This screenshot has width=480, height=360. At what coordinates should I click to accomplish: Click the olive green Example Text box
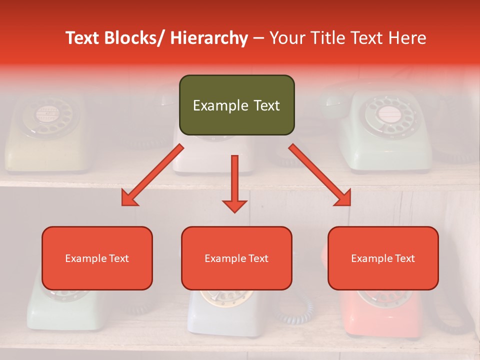point(236,105)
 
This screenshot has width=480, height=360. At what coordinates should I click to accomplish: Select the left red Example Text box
point(97,258)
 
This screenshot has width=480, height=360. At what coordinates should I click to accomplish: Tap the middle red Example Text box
point(236,258)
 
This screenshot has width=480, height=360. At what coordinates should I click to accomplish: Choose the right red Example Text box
point(383,258)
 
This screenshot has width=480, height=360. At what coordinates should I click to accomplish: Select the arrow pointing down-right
point(320,175)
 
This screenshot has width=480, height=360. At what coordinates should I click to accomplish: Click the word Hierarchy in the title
point(208,38)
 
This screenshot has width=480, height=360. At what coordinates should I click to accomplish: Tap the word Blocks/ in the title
point(137,38)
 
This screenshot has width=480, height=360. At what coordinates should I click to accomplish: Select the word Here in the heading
point(407,38)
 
